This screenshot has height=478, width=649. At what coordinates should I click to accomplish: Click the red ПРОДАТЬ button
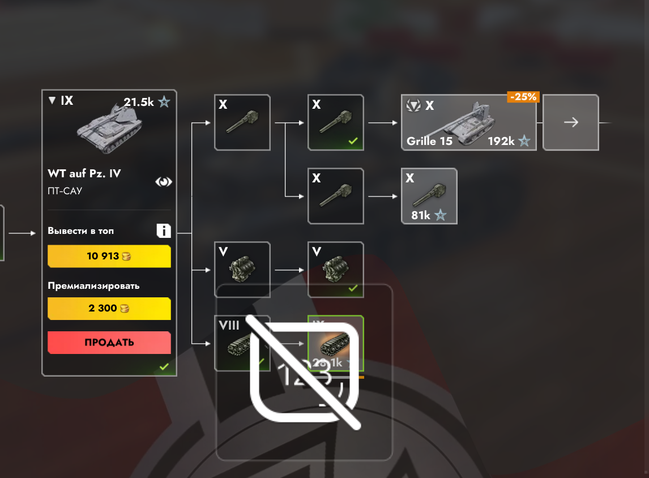point(109,343)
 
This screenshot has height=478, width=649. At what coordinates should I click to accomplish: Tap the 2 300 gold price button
point(109,309)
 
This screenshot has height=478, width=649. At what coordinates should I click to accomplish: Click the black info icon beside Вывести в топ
point(164,231)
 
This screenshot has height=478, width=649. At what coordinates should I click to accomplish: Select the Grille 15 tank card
point(468,122)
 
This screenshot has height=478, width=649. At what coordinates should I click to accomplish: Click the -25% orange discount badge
point(523,97)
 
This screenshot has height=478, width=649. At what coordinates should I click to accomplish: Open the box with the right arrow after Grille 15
point(571,122)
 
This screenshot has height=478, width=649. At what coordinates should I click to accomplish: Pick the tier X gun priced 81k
point(429,196)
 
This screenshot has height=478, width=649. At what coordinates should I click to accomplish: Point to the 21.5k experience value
point(139,103)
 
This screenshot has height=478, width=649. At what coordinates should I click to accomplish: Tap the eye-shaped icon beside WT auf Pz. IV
point(164,182)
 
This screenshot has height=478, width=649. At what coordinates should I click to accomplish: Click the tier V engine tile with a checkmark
point(336,270)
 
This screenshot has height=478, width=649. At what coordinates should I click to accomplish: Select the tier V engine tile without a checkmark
point(242,270)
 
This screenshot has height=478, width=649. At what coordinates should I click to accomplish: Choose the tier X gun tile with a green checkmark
point(336,122)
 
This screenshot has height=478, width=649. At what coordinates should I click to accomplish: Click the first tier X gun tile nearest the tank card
point(242,122)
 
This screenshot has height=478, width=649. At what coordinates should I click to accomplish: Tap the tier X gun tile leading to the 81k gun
point(336,196)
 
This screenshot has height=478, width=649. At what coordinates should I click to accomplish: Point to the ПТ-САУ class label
point(65,191)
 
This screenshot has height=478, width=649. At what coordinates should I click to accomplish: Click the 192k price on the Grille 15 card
point(501,141)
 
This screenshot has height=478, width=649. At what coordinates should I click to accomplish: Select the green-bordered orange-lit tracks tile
point(336,343)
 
